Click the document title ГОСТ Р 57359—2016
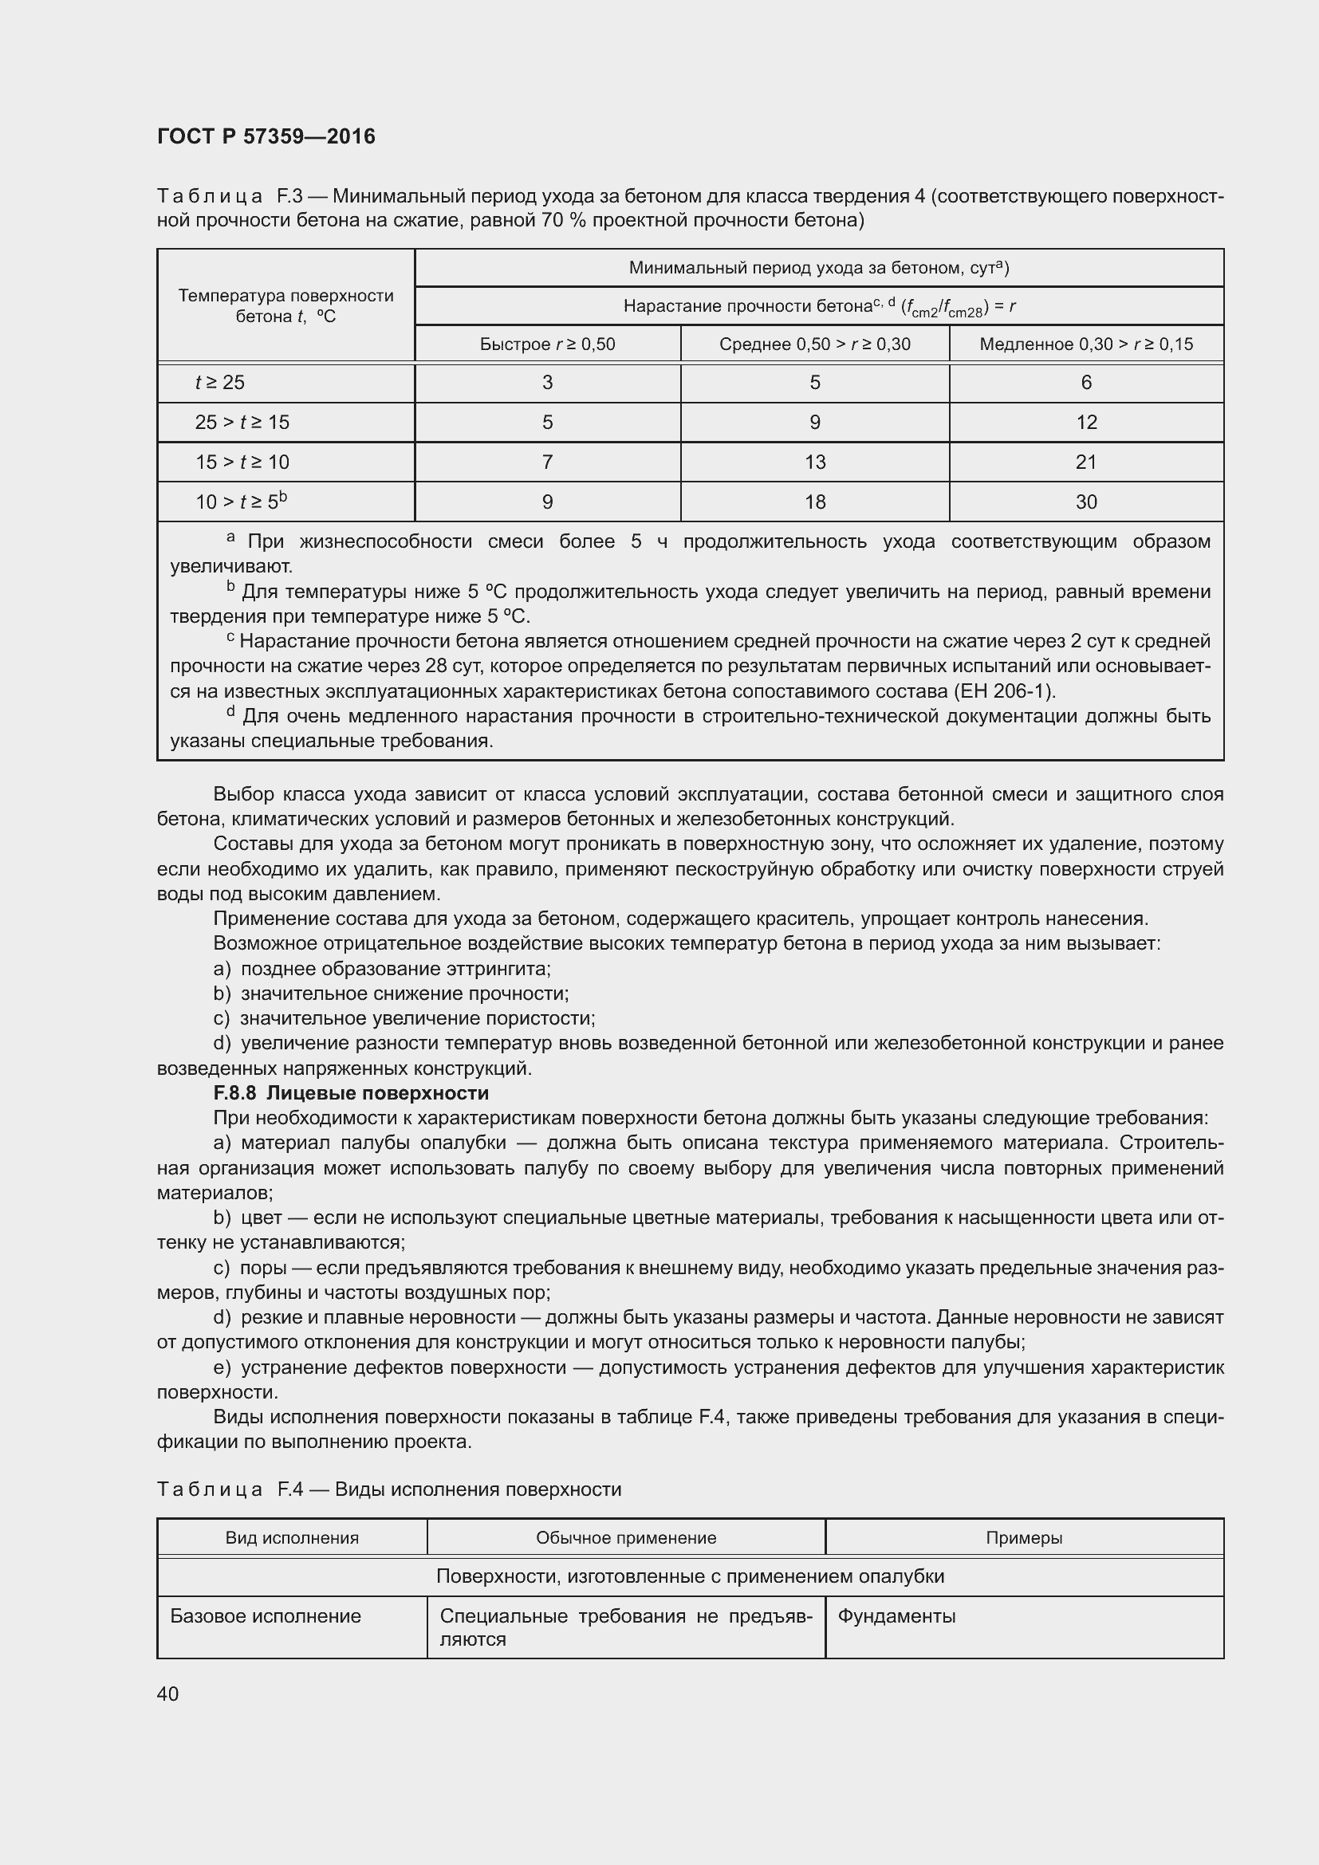pos(266,136)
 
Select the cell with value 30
pos(1086,502)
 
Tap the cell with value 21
pos(1086,462)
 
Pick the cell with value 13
pos(815,462)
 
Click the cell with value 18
pos(815,502)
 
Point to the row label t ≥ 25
pos(220,383)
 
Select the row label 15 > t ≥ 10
pos(242,462)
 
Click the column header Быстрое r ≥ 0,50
pos(547,344)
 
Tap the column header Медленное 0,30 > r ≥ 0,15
pos(1086,344)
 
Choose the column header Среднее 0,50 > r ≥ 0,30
pos(815,344)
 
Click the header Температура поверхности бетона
pos(286,305)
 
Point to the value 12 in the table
pos(1086,423)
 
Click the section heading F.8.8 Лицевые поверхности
pos(351,1092)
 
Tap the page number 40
pos(168,1694)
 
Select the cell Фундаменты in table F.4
pos(896,1615)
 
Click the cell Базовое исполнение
pos(266,1615)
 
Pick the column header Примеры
pos(1023,1537)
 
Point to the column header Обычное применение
pos(625,1537)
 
